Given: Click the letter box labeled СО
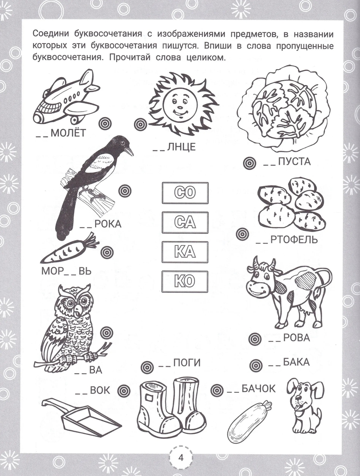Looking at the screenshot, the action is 185,193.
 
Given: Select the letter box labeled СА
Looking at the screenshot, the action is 185,222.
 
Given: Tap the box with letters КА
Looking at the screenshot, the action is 185,252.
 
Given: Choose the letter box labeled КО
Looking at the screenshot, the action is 185,281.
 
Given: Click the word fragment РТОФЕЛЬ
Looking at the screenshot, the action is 294,240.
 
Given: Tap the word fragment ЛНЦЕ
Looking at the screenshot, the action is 181,147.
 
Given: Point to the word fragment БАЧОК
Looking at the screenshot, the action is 258,389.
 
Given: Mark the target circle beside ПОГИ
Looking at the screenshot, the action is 147,367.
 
